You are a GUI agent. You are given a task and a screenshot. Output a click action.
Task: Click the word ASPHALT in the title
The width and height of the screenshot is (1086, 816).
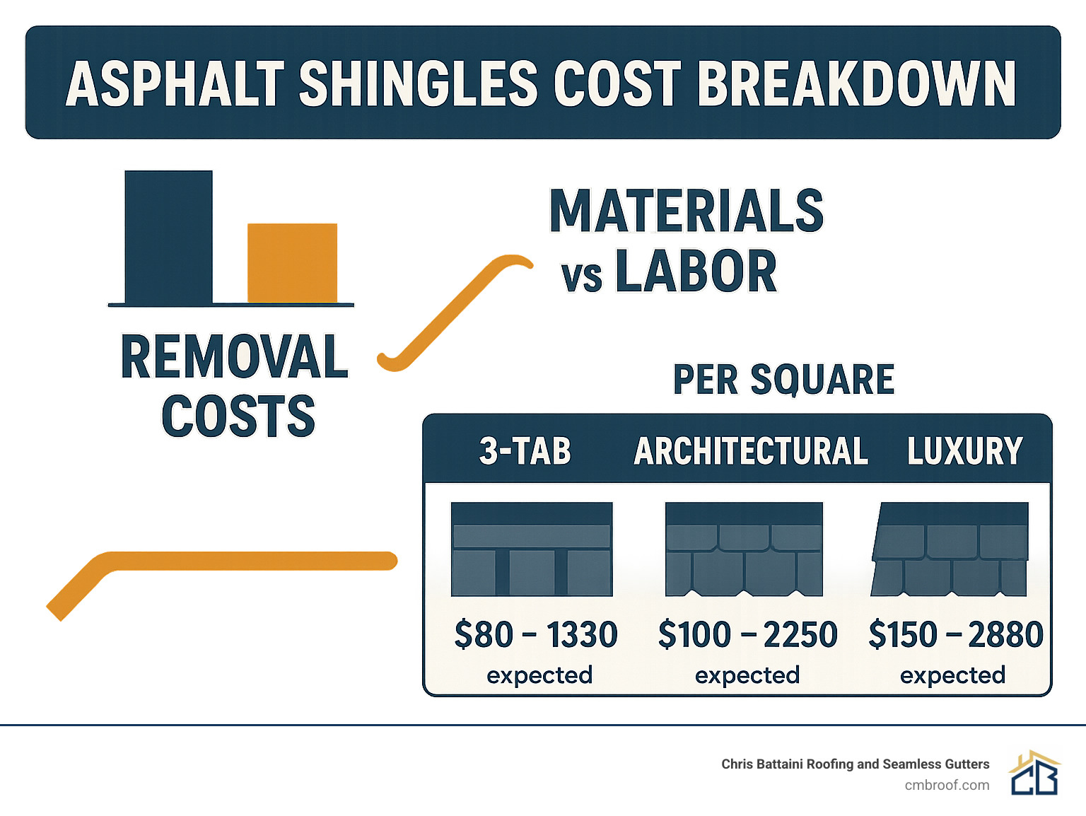tap(175, 83)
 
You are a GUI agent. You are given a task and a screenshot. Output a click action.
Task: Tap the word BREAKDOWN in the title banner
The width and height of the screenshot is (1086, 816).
tap(856, 83)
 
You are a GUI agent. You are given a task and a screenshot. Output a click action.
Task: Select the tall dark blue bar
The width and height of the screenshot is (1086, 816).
tap(168, 237)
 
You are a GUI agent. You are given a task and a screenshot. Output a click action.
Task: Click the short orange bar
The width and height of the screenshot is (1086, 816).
tap(292, 263)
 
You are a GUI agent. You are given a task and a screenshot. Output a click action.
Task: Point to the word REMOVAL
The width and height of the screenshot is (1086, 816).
tap(234, 357)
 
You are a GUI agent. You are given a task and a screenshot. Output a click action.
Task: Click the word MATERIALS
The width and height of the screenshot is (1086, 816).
tap(687, 211)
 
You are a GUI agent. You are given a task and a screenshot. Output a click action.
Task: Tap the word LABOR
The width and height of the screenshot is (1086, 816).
tap(696, 272)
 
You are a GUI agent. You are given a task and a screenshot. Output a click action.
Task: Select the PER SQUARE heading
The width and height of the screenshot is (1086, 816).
tap(783, 380)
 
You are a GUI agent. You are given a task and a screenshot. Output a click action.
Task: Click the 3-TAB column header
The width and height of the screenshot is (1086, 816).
tap(525, 451)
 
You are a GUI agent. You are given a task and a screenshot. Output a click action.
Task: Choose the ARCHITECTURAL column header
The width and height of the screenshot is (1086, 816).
tap(751, 451)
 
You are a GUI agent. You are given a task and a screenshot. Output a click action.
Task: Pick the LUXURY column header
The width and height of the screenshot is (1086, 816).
tap(964, 451)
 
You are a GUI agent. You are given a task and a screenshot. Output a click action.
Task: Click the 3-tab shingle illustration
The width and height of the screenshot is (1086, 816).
tap(532, 549)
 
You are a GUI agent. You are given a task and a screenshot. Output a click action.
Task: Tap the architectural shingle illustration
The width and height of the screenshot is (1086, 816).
tap(744, 549)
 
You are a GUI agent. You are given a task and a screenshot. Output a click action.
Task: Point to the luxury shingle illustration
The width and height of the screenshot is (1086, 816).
tap(950, 549)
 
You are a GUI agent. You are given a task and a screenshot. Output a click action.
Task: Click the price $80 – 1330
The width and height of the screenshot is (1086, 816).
tap(536, 634)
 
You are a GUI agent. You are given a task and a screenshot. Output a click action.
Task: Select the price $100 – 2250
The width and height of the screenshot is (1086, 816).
tap(747, 634)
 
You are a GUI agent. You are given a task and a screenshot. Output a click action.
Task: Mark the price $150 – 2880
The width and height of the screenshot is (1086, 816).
tap(955, 634)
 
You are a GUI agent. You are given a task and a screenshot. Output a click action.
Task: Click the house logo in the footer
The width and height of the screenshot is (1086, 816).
tap(1034, 773)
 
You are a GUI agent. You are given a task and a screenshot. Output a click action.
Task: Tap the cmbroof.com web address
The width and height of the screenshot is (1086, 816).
tap(947, 785)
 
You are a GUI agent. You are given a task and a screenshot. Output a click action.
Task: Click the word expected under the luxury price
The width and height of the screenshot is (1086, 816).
tap(952, 675)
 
